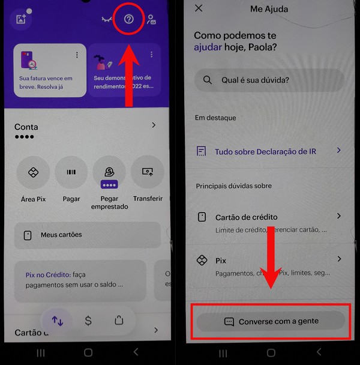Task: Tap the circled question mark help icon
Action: [x=128, y=19]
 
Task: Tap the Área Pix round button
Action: [x=33, y=172]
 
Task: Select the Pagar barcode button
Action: [x=71, y=172]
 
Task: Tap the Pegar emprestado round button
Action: [x=109, y=172]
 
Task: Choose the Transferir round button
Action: [x=148, y=172]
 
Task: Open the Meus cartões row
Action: [x=87, y=235]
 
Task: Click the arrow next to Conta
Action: [x=154, y=125]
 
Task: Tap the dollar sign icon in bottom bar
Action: [x=88, y=321]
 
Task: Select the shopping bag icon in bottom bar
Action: [x=119, y=321]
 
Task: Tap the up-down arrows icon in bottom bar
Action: [x=58, y=321]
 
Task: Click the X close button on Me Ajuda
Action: [x=199, y=8]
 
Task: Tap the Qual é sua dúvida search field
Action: [x=269, y=80]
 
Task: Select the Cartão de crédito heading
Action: [x=246, y=217]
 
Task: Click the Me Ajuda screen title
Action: [x=269, y=8]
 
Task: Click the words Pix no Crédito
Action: [x=47, y=274]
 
